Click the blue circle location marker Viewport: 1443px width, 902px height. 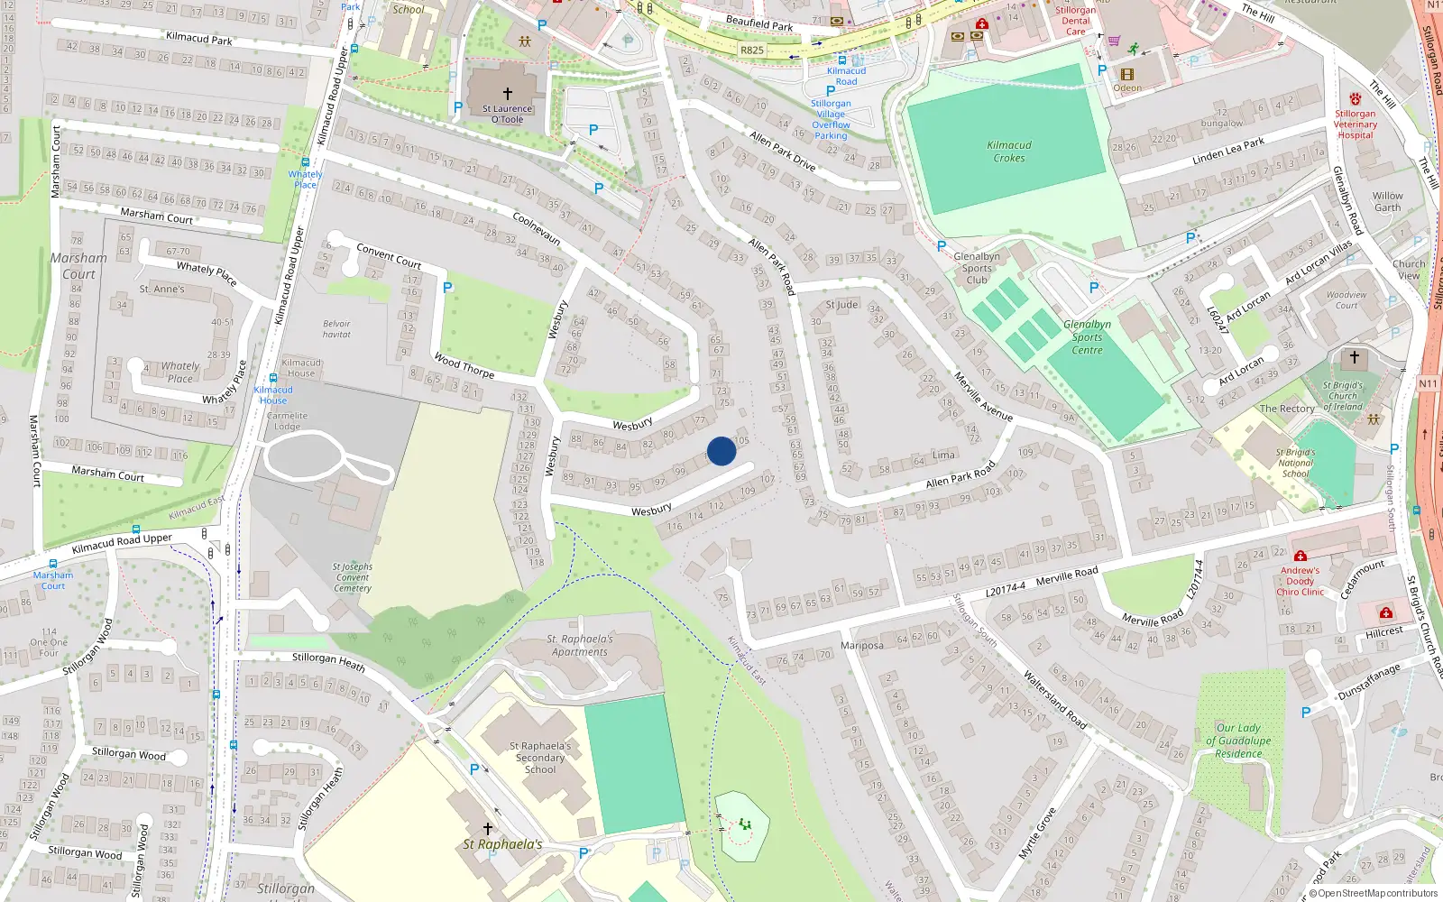point(721,451)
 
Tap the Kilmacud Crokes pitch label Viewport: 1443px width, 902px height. point(1009,152)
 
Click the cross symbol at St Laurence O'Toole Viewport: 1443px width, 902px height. point(508,94)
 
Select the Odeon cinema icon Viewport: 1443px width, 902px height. point(1126,75)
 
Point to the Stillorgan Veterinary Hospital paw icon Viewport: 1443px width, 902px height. point(1355,99)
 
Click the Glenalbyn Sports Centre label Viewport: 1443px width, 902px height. point(1087,337)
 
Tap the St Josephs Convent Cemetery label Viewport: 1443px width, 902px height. point(352,577)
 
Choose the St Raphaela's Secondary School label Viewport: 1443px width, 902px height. point(540,758)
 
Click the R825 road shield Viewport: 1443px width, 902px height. point(751,51)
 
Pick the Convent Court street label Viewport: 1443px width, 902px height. point(389,255)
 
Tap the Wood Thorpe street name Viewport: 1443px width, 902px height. point(464,365)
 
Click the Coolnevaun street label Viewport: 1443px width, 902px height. point(537,229)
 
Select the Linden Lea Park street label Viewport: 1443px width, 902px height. point(1228,152)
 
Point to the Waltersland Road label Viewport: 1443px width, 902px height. point(1054,699)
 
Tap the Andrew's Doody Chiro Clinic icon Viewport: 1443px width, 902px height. point(1301,556)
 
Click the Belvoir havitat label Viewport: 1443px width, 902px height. point(336,329)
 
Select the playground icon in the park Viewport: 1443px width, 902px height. point(745,824)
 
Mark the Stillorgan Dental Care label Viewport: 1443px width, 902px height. point(1076,21)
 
